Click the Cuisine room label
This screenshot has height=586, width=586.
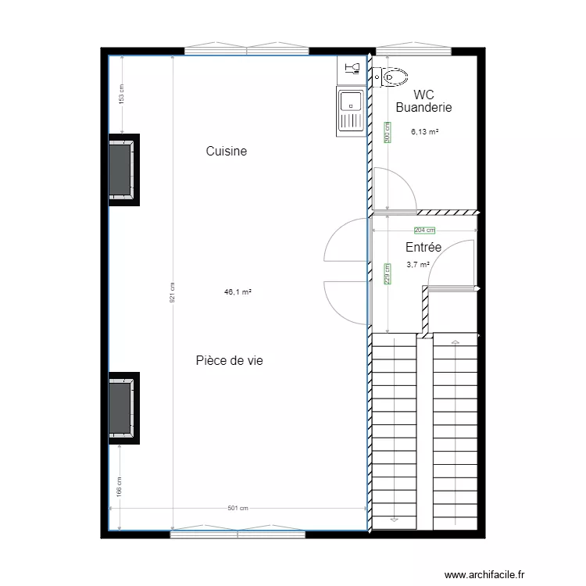pyautogui.click(x=227, y=152)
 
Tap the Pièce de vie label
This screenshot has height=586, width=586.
pyautogui.click(x=229, y=360)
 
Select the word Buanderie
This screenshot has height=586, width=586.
pyautogui.click(x=423, y=108)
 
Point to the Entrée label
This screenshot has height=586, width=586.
pyautogui.click(x=423, y=248)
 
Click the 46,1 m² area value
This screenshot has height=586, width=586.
pyautogui.click(x=238, y=292)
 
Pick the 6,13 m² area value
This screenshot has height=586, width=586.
pyautogui.click(x=424, y=132)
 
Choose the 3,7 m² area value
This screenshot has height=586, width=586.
pyautogui.click(x=418, y=265)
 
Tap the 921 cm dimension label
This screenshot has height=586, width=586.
pyautogui.click(x=172, y=293)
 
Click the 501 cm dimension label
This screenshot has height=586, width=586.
pyautogui.click(x=238, y=509)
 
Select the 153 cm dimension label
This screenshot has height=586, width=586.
pyautogui.click(x=121, y=94)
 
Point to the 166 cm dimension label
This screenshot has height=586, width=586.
pyautogui.click(x=120, y=487)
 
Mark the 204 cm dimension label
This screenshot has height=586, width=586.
pyautogui.click(x=424, y=230)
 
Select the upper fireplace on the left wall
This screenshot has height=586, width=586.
pyautogui.click(x=123, y=169)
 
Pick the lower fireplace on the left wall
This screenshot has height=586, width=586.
pyautogui.click(x=123, y=408)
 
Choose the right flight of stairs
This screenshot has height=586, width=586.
pyautogui.click(x=456, y=430)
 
